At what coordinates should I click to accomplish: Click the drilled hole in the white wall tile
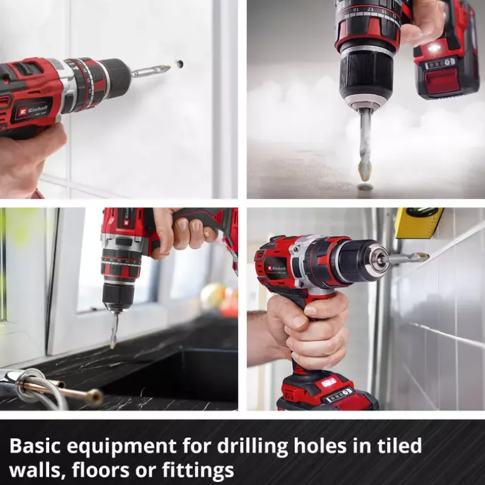point(180,64)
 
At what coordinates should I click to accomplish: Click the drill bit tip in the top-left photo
point(167,67)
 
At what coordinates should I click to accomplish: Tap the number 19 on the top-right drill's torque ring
point(357,9)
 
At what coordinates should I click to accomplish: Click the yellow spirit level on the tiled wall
point(419,223)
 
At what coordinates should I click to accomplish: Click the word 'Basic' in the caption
point(35,446)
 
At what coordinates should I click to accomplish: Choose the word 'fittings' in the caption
point(198,471)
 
